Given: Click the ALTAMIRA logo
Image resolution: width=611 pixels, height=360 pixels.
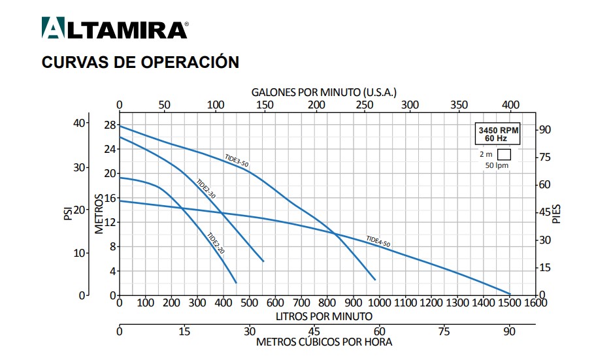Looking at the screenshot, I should click(x=114, y=29).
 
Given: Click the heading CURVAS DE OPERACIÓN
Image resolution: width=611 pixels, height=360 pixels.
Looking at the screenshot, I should click(x=140, y=62).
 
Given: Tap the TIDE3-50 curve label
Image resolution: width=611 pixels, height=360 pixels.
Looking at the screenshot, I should click(x=237, y=161).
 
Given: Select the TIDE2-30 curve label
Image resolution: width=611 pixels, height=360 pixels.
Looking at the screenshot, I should click(x=206, y=188).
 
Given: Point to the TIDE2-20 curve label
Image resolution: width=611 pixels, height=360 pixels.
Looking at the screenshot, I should click(x=216, y=243).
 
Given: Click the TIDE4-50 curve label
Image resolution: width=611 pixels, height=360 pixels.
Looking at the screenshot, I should click(x=378, y=241).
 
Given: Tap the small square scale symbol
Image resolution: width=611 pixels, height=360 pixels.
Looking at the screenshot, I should click(x=504, y=155).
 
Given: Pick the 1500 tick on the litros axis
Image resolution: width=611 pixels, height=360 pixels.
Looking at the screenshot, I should click(x=510, y=303).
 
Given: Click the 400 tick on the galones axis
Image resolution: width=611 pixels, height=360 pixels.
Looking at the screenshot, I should click(x=510, y=105).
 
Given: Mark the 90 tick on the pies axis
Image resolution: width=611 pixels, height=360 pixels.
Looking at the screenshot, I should click(x=546, y=129).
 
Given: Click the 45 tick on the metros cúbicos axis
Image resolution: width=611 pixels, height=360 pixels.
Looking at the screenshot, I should click(x=314, y=330).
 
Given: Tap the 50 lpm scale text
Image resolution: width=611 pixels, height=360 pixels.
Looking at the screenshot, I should click(x=497, y=165).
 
